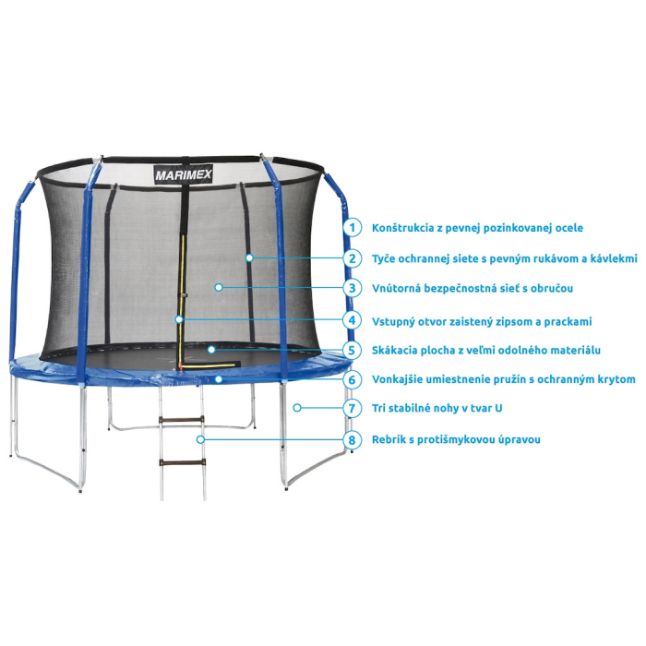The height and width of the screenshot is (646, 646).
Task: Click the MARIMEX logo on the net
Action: pyautogui.click(x=184, y=174)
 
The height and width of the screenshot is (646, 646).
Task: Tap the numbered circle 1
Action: pyautogui.click(x=352, y=227)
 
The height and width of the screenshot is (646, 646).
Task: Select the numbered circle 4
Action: pyautogui.click(x=352, y=320)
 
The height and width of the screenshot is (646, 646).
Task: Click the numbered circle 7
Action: pyautogui.click(x=352, y=408)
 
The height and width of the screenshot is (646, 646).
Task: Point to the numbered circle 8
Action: pyautogui.click(x=352, y=439)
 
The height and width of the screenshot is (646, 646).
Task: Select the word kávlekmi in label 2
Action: pyautogui.click(x=614, y=258)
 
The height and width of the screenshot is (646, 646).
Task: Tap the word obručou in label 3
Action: pyautogui.click(x=552, y=288)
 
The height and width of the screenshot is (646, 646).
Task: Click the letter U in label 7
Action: pyautogui.click(x=498, y=408)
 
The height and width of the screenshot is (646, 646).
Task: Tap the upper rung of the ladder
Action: pyautogui.click(x=181, y=420)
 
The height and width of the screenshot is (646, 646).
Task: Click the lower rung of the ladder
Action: pyautogui.click(x=182, y=462)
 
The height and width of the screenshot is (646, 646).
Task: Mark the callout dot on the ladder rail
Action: pyautogui.click(x=200, y=439)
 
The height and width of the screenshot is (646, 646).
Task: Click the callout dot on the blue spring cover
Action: pyautogui.click(x=219, y=378)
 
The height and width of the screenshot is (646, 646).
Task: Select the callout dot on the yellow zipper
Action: pyautogui.click(x=178, y=319)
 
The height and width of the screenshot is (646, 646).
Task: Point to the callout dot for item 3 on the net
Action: pyautogui.click(x=219, y=287)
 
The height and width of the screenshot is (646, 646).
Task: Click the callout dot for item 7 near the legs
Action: pyautogui.click(x=297, y=408)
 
